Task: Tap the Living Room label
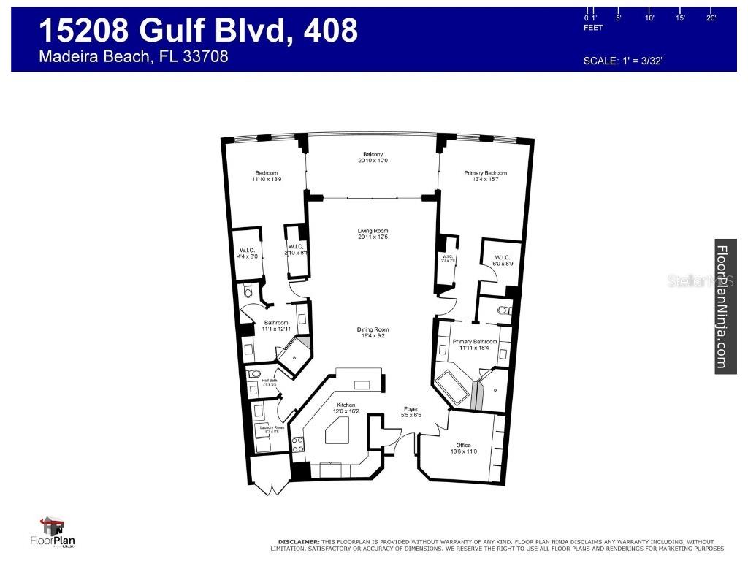(373, 232)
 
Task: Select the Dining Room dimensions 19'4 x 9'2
(373, 336)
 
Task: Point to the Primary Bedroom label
(485, 173)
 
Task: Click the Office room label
(463, 445)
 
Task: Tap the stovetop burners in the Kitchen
(298, 444)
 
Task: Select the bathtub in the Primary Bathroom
(453, 388)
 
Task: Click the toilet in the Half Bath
(254, 375)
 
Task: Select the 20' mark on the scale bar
(711, 18)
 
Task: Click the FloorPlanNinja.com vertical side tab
(725, 306)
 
